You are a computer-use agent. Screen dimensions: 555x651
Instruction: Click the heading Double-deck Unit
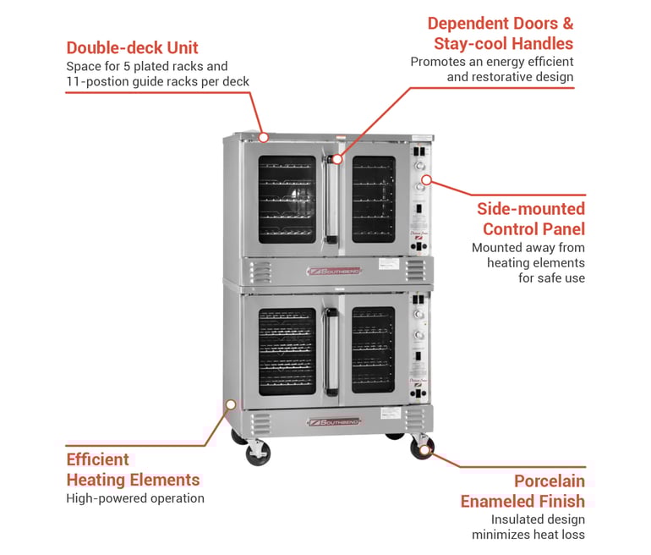(133, 47)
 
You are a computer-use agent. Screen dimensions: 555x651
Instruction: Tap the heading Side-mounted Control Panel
(530, 218)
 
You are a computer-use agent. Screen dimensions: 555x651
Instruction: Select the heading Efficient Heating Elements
(133, 470)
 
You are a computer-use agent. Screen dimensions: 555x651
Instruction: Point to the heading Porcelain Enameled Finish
(522, 491)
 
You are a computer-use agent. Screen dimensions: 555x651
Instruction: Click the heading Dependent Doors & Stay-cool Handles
(500, 33)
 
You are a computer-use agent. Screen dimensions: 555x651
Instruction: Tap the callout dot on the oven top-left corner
(263, 136)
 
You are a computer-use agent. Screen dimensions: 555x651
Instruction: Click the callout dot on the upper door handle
(336, 158)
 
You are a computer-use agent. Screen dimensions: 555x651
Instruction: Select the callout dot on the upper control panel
(426, 179)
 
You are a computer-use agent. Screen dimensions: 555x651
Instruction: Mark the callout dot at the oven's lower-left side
(230, 405)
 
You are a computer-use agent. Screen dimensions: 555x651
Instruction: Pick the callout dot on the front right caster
(425, 448)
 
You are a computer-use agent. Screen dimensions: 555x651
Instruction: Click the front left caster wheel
(257, 453)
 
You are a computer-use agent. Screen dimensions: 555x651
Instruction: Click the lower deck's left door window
(287, 350)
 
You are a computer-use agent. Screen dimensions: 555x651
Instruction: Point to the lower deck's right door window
(373, 350)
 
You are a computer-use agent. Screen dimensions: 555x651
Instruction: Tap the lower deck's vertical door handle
(330, 351)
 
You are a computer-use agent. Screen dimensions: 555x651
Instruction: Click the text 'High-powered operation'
(134, 498)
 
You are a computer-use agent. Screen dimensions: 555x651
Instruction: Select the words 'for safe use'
(551, 277)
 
